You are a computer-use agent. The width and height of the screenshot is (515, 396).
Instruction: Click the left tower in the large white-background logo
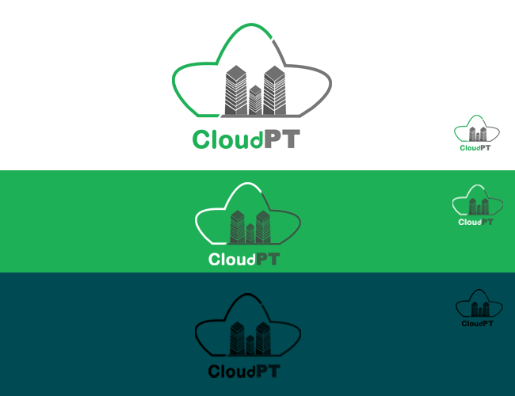point(235,89)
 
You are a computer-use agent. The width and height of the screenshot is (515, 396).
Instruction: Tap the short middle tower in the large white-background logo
point(255,100)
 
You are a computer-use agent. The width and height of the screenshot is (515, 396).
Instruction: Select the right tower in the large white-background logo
point(274,89)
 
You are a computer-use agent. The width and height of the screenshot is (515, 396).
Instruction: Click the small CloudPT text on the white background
point(475,147)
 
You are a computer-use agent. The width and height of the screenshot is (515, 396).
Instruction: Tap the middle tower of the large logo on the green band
point(250,234)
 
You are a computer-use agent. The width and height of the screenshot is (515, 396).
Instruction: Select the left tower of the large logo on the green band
point(237,227)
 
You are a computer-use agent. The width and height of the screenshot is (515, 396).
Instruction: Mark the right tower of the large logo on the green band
point(264,227)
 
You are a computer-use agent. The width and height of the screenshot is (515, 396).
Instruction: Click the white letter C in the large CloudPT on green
point(215,259)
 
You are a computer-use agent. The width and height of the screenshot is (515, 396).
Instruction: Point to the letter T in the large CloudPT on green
point(273,259)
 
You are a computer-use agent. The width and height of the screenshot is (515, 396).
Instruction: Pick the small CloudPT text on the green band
point(475,222)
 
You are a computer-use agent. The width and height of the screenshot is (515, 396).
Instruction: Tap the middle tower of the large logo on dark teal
point(250,345)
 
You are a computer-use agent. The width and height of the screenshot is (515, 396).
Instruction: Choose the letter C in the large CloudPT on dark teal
point(215,371)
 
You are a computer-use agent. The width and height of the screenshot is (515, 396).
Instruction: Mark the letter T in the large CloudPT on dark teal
point(273,371)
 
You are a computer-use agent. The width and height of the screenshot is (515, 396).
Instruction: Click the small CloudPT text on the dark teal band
point(478,323)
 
